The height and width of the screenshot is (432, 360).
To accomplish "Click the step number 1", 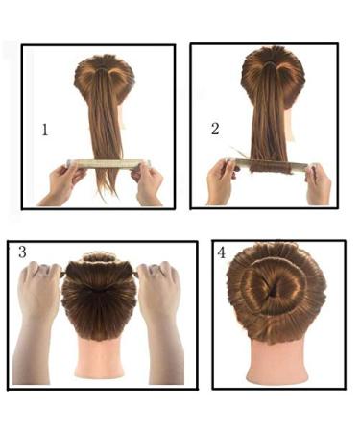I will [44, 129].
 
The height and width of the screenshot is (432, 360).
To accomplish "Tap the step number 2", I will [215, 127].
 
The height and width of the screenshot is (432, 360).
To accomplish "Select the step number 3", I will [21, 252].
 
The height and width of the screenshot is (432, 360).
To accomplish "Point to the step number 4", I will [222, 253].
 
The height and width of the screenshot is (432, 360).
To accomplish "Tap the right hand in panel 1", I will [148, 182].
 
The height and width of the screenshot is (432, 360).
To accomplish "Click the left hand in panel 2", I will [222, 180].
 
